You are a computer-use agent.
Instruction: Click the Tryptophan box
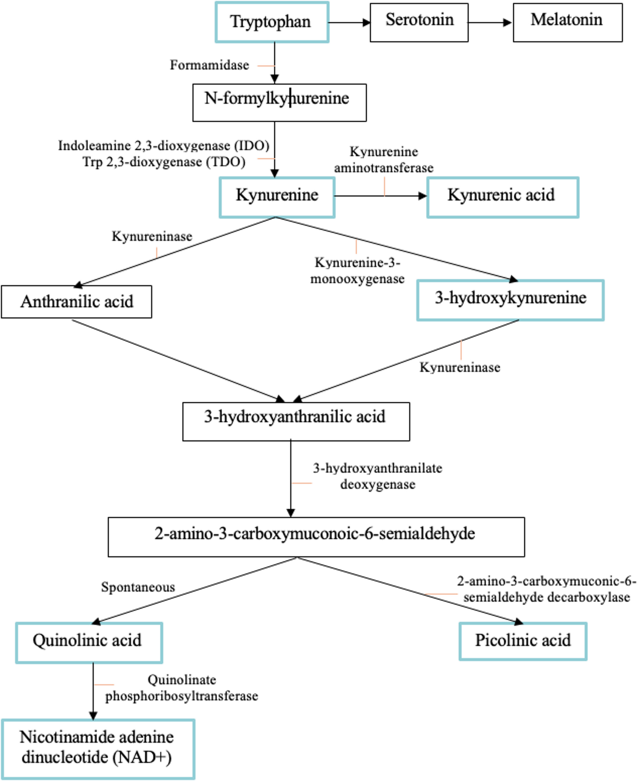(272, 22)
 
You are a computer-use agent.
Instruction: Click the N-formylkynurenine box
(279, 103)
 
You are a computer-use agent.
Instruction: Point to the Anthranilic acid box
(77, 302)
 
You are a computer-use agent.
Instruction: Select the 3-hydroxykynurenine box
(510, 300)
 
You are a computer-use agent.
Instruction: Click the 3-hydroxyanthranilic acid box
(296, 421)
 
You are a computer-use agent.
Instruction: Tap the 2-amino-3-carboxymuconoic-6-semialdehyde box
(316, 537)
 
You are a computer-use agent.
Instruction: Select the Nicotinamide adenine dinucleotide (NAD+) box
(98, 749)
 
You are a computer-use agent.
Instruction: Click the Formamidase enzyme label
(209, 65)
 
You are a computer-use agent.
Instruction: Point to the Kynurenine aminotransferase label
(383, 160)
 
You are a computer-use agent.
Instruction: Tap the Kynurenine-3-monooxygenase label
(357, 271)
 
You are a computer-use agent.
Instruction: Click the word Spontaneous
(138, 587)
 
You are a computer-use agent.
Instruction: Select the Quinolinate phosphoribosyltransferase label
(182, 688)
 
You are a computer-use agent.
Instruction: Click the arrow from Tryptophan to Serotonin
(349, 23)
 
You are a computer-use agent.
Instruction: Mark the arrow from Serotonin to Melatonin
(490, 23)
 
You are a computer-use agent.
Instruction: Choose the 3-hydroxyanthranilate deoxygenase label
(378, 476)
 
